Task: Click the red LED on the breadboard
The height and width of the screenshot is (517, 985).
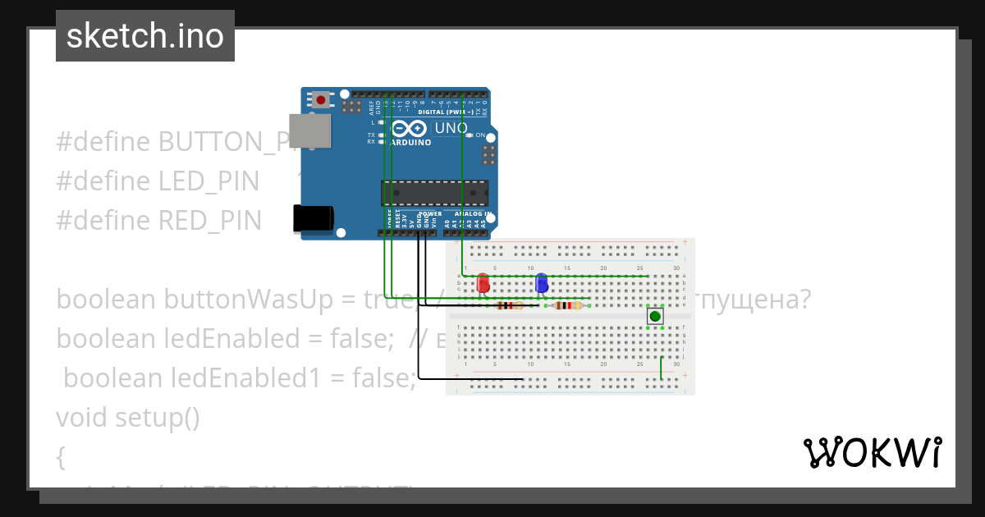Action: [483, 283]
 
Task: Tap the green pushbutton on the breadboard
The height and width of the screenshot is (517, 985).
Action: [654, 316]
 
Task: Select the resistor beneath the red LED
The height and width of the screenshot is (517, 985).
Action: [511, 306]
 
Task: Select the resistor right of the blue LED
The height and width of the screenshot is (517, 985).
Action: [568, 305]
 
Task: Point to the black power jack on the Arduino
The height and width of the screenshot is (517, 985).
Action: [313, 218]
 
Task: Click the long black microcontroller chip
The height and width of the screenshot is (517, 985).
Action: [434, 193]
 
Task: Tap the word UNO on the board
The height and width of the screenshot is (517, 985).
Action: [450, 129]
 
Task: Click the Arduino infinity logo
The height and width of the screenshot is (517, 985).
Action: [409, 129]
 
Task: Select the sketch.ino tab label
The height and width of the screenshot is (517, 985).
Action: [145, 36]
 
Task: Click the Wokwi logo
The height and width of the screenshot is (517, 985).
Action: [872, 452]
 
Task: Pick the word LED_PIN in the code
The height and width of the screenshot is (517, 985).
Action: [208, 181]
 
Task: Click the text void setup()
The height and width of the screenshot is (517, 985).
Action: [128, 417]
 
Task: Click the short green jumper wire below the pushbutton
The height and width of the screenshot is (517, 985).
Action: [662, 368]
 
